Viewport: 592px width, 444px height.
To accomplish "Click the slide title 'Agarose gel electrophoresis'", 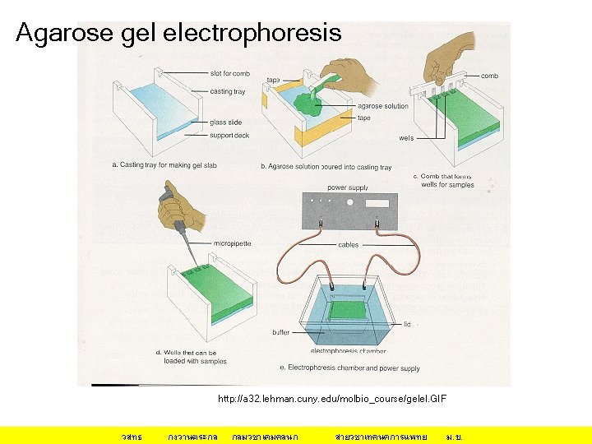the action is click(178, 33).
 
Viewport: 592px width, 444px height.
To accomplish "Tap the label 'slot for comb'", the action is click(231, 74).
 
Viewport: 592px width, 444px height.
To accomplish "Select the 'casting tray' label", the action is click(227, 91).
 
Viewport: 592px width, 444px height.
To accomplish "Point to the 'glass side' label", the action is click(225, 123).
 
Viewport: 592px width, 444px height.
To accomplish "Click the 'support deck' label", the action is click(229, 136).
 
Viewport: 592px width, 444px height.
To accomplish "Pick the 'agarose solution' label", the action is click(382, 106).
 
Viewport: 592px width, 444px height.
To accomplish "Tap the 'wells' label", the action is click(406, 138).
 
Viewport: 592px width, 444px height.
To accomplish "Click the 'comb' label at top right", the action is click(489, 75).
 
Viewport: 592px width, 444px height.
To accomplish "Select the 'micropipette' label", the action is click(232, 243).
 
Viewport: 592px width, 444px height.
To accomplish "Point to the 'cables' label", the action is click(348, 244).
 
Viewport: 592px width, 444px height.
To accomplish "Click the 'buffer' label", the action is click(281, 332).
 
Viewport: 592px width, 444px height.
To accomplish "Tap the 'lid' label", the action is click(407, 324).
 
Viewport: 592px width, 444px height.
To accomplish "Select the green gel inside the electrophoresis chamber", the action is click(349, 311).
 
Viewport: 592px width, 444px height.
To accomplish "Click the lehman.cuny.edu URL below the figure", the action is click(332, 398).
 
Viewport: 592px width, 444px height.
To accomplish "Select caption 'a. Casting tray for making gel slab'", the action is click(164, 165).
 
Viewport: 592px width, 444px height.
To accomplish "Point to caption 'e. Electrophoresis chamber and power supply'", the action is click(349, 368).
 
